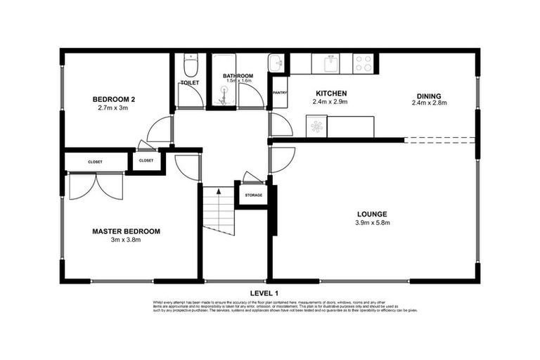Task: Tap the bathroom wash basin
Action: [278, 64]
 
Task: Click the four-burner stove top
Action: [364, 64]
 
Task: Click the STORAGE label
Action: [252, 195]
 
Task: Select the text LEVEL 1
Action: [264, 292]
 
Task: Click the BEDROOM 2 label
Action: [115, 100]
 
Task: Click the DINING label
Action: [428, 96]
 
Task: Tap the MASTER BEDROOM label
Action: [127, 231]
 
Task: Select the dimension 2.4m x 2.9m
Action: [330, 102]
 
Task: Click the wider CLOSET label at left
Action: [95, 162]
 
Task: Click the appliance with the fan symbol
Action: [316, 127]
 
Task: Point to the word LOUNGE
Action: [372, 214]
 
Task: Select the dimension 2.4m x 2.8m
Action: [429, 103]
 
